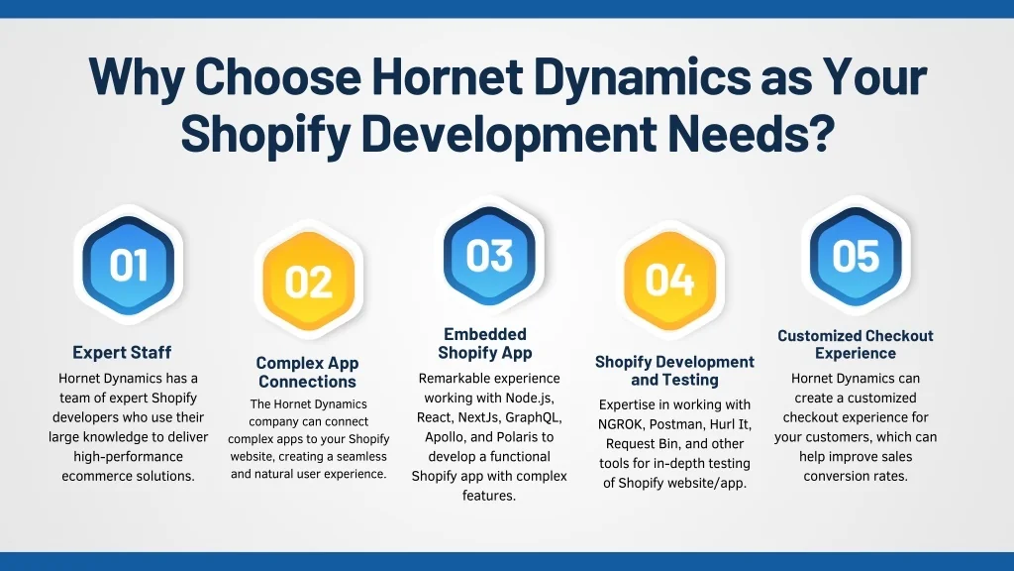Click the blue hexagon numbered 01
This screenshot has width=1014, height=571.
(x=128, y=265)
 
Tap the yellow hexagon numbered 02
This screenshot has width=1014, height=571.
(x=309, y=281)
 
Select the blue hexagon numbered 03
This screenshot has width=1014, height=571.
(x=489, y=255)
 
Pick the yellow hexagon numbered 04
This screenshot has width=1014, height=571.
(x=670, y=280)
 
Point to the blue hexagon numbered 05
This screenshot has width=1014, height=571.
(x=856, y=255)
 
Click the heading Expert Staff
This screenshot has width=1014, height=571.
(x=122, y=352)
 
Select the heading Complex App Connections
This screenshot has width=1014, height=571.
(x=307, y=373)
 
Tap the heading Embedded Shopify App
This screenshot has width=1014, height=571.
(x=485, y=343)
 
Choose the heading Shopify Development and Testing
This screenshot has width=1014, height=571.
(x=674, y=371)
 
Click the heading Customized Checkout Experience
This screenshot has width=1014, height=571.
(x=855, y=344)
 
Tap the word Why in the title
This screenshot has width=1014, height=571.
(x=137, y=77)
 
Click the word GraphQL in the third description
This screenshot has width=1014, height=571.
(x=534, y=417)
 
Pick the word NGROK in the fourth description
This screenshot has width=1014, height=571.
(x=621, y=424)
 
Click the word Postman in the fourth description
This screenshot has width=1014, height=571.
(x=677, y=424)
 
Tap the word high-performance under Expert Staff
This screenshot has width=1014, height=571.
(x=128, y=457)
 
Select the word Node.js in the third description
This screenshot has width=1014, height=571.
(x=531, y=398)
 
